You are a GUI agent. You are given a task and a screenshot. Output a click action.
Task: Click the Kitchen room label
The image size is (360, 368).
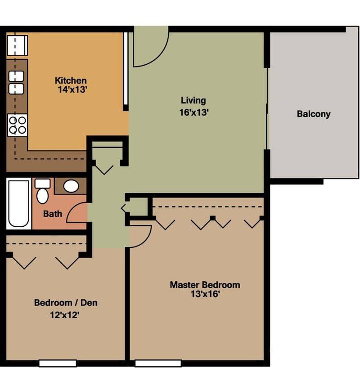coord(71,81)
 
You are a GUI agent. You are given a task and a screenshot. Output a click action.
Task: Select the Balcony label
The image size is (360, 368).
coord(313,114)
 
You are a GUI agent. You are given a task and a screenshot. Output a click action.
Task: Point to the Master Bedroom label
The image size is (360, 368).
coord(204,285)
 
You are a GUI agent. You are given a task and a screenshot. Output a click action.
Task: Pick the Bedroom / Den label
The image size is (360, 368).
coord(66,302)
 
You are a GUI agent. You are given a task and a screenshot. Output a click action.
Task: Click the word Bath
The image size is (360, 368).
coord(53,214)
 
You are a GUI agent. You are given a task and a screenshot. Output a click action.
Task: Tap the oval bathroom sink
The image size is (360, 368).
coord(71,186)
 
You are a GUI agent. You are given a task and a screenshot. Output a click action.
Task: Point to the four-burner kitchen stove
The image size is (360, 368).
coord(18,125)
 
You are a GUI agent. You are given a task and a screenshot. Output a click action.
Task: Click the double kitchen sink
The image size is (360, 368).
coord(17,82)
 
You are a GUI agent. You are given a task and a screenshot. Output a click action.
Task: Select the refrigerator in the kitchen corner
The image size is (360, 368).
coord(18,45)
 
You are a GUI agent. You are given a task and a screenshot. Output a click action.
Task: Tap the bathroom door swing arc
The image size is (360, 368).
coord(77,213)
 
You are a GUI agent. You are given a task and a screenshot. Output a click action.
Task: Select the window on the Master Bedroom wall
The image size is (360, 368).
coord(152,363)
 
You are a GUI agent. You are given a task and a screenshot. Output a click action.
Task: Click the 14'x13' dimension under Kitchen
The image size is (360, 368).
coord(70,90)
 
